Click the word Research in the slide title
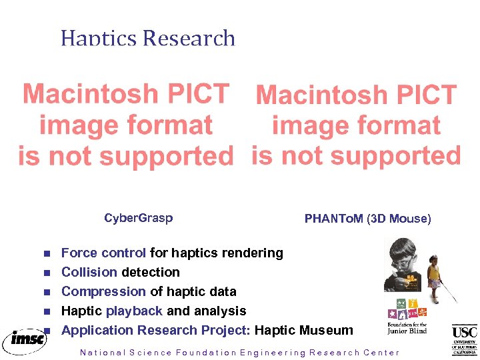[x=189, y=38]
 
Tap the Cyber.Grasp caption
[x=138, y=218]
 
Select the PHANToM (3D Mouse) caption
[x=367, y=219]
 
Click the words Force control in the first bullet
[x=103, y=253]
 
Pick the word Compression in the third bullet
[x=103, y=291]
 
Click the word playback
[x=134, y=311]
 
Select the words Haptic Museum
[x=304, y=330]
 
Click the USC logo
[x=464, y=339]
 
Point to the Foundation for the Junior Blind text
[x=407, y=327]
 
